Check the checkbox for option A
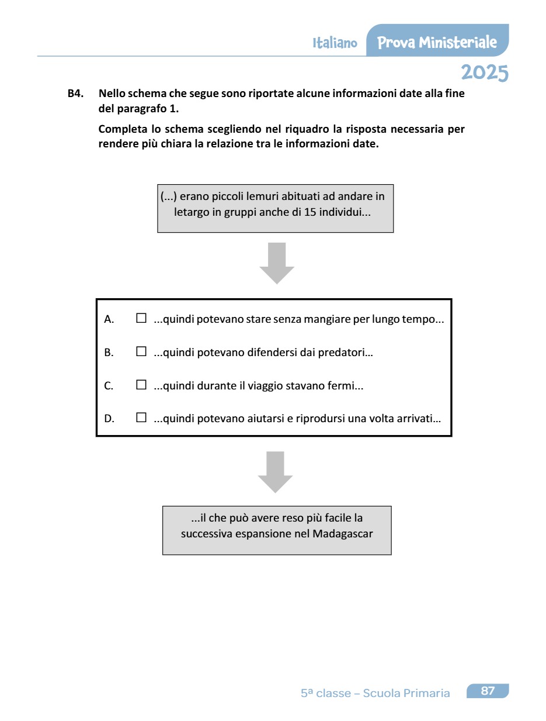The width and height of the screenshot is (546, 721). point(141,319)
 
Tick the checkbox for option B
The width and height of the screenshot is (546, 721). point(141,352)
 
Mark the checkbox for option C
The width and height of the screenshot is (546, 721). point(141,385)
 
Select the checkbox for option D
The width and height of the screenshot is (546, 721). point(141,418)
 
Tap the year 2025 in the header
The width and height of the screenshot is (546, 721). point(484,73)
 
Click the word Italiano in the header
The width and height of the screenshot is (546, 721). point(335,43)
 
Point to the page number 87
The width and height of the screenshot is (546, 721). point(488,691)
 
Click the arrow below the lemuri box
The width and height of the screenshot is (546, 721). point(277,263)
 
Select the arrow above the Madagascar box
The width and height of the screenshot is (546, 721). point(275,471)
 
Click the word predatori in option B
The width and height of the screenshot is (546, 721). point(347,353)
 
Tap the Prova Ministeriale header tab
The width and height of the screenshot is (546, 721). point(437,42)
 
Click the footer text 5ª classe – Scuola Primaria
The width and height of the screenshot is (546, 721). point(375,694)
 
